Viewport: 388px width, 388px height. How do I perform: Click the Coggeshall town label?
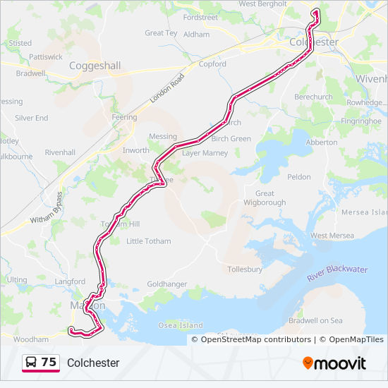coord(95,66)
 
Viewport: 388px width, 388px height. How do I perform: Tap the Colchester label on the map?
coord(314,42)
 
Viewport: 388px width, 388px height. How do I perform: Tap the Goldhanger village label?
coord(167,284)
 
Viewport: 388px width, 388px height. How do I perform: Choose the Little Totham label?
coord(148,241)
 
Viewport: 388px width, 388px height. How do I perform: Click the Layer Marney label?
coord(205,152)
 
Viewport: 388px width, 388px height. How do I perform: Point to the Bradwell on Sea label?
coord(315,320)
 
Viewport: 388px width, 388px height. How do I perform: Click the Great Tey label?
coord(161,33)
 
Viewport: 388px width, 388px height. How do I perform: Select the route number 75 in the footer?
coord(49,362)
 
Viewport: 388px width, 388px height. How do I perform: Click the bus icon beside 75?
coord(32,363)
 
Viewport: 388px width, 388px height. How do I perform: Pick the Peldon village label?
coord(299,176)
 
